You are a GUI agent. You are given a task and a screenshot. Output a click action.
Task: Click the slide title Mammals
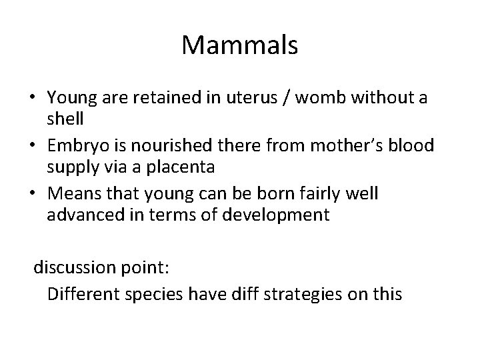coord(239,46)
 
